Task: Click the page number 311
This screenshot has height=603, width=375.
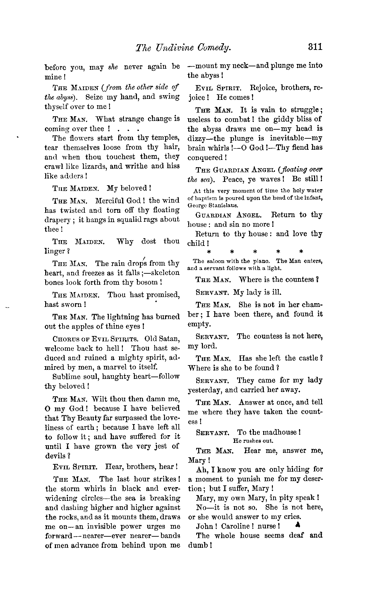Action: click(x=315, y=47)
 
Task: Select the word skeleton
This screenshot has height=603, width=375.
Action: click(x=165, y=273)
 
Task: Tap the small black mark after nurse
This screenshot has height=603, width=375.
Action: click(x=296, y=525)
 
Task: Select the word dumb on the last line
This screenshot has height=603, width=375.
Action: click(x=198, y=545)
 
